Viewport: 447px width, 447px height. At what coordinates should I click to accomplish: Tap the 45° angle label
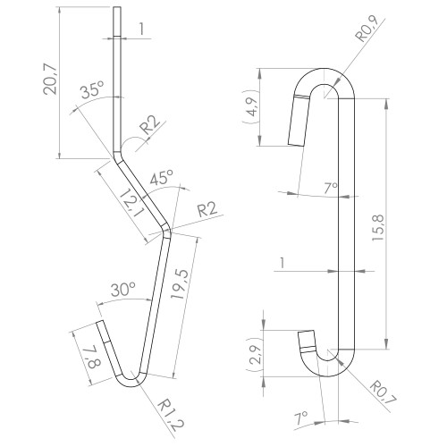coord(162,178)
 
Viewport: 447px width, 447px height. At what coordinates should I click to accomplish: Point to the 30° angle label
coord(123,289)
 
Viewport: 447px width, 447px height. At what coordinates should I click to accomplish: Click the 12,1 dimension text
coord(132,205)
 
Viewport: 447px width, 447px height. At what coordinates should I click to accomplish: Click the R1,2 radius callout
coord(171,415)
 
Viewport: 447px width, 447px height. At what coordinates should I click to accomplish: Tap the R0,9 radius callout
coord(367,29)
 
